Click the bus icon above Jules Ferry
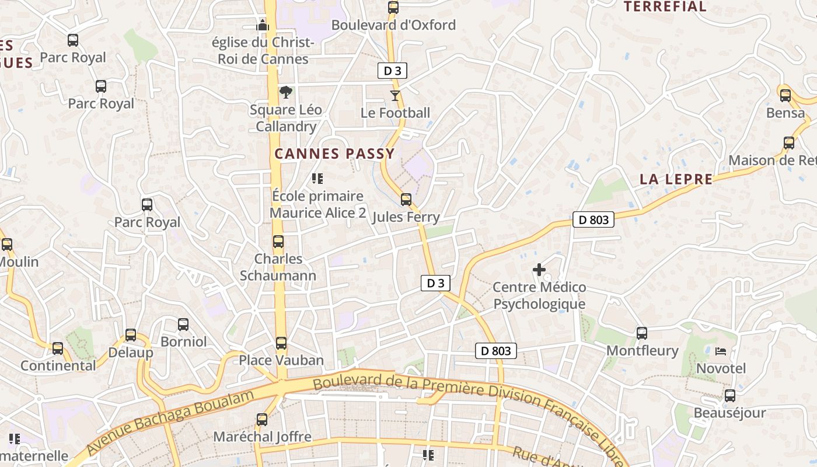pyautogui.click(x=406, y=200)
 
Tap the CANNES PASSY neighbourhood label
pyautogui.click(x=334, y=154)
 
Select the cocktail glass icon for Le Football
pyautogui.click(x=395, y=96)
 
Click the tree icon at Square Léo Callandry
pyautogui.click(x=285, y=92)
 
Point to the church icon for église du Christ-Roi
pyautogui.click(x=263, y=25)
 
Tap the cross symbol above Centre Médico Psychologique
pyautogui.click(x=539, y=270)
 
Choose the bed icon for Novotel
pyautogui.click(x=721, y=351)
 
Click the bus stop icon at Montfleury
pyautogui.click(x=642, y=333)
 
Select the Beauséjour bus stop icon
pyautogui.click(x=729, y=396)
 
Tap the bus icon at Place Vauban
pyautogui.click(x=281, y=343)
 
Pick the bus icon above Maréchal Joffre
pyautogui.click(x=262, y=419)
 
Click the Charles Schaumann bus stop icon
pyautogui.click(x=278, y=242)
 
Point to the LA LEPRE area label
pyautogui.click(x=676, y=179)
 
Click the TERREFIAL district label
pyautogui.click(x=665, y=7)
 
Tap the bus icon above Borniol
pyautogui.click(x=183, y=324)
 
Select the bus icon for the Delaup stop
pyautogui.click(x=131, y=335)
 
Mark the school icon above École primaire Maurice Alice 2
pyautogui.click(x=317, y=179)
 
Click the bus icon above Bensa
pyautogui.click(x=785, y=95)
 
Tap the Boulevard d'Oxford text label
pyautogui.click(x=393, y=25)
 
